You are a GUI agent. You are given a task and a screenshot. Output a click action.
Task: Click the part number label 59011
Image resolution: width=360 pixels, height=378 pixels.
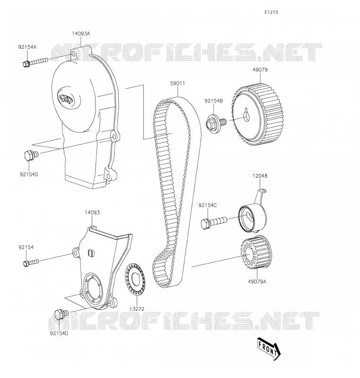[177, 83]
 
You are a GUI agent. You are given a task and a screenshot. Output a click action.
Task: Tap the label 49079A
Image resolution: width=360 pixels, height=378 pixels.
[257, 281]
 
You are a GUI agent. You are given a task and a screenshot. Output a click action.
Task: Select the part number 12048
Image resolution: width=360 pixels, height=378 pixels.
[260, 176]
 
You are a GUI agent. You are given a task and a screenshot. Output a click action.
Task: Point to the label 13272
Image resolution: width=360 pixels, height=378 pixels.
[137, 309]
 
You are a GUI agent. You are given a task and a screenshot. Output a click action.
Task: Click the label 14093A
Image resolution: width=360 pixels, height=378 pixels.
[81, 34]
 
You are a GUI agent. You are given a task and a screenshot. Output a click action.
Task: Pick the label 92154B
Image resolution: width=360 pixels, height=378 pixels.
[214, 101]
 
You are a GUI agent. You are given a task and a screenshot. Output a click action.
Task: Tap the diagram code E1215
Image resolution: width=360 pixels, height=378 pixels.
[271, 12]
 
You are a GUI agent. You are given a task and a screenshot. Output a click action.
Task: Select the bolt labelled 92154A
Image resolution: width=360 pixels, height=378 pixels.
[35, 62]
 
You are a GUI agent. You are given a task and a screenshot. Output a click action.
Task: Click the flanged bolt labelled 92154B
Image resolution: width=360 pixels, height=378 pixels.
[216, 123]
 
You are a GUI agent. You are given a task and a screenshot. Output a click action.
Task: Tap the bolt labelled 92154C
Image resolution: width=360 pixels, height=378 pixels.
[214, 222]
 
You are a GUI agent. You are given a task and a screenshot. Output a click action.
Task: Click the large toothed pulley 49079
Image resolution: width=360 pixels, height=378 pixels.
[258, 115]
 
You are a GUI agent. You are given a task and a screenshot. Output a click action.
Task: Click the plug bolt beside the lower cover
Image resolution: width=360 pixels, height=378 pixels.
[61, 314]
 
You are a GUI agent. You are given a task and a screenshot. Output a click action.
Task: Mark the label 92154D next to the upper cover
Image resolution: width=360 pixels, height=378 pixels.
[29, 174]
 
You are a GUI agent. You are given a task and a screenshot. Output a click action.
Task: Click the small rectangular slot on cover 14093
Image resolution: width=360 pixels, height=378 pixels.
[91, 253]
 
